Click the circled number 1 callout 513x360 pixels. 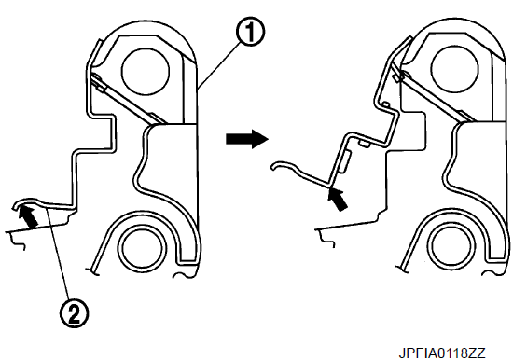click(x=250, y=32)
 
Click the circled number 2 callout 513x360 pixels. click(x=74, y=313)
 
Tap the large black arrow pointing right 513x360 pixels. click(x=247, y=139)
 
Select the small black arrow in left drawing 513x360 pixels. click(x=28, y=216)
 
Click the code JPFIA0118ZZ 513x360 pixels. click(x=442, y=353)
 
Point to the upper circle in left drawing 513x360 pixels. click(x=146, y=72)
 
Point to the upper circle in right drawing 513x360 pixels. click(x=455, y=71)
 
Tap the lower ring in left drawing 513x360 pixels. click(x=142, y=248)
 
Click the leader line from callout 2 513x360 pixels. click(x=58, y=254)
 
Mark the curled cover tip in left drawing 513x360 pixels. click(x=16, y=205)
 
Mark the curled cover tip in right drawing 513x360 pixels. click(x=274, y=167)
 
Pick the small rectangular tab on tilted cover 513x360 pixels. click(x=344, y=161)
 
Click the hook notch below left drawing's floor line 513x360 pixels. click(x=18, y=243)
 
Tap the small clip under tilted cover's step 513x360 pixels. click(x=364, y=144)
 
